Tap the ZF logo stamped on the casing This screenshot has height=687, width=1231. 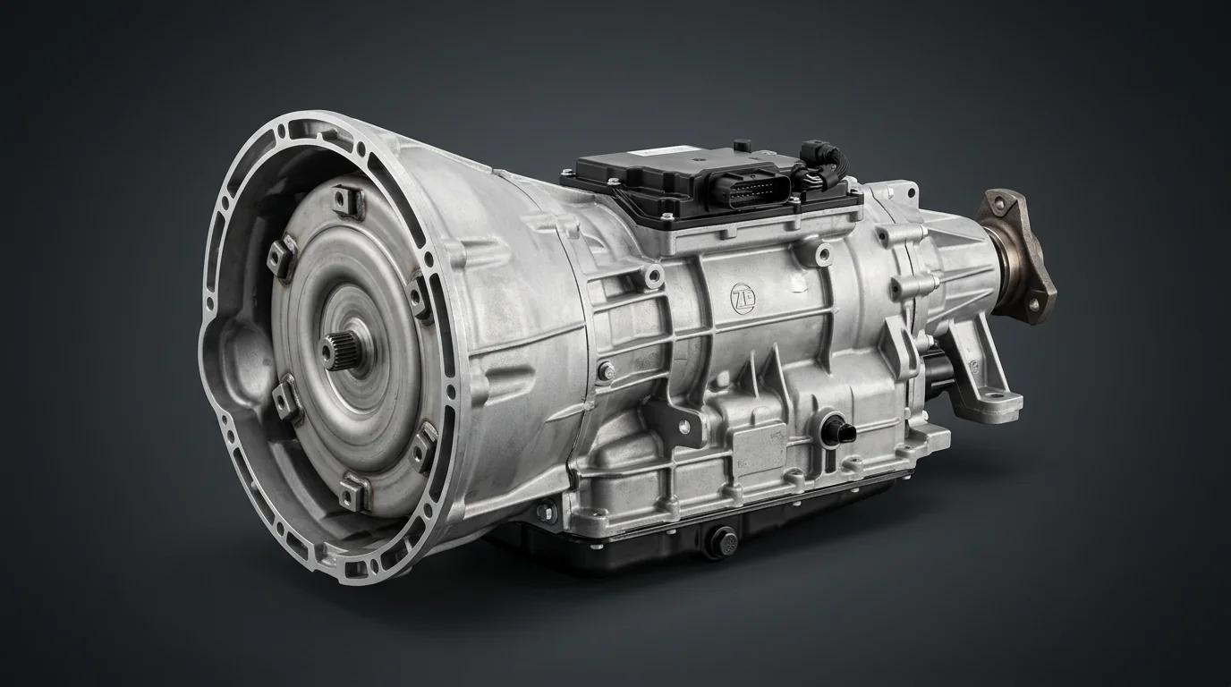[x=742, y=293]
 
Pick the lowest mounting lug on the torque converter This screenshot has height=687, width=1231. [x=355, y=491]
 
